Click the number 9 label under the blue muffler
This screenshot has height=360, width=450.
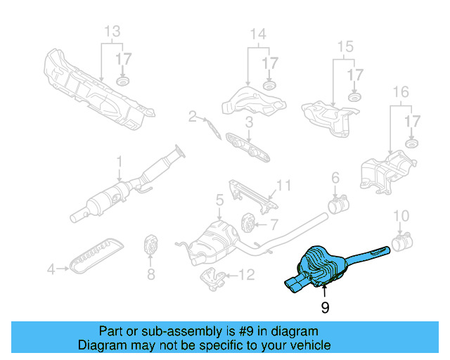(325, 307)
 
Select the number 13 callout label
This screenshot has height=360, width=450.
(112, 32)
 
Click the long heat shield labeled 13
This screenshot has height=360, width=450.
(98, 89)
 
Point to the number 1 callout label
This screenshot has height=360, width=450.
(120, 161)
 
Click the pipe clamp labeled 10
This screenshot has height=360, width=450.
(401, 245)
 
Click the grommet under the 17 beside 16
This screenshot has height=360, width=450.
(411, 144)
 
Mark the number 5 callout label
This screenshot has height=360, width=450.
(219, 200)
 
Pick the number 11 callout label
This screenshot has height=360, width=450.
(283, 186)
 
